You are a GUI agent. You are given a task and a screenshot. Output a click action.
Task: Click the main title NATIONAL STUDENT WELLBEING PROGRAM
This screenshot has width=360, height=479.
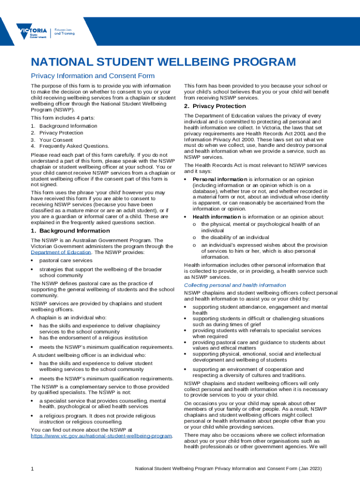click(163, 62)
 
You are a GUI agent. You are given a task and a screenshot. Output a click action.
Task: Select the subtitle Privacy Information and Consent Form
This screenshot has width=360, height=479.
click(93, 76)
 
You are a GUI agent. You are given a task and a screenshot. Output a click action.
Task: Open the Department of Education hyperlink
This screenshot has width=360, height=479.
click(61, 252)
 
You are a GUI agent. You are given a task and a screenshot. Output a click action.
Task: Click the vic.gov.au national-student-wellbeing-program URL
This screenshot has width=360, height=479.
click(101, 435)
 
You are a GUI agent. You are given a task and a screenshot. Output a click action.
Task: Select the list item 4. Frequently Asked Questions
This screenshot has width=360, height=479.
click(70, 146)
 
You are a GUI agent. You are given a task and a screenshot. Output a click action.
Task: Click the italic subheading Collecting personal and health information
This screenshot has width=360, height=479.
click(235, 285)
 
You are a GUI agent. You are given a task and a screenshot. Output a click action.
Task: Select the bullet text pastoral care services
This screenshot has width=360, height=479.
click(66, 260)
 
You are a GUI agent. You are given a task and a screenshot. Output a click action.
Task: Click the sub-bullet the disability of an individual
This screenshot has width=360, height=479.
click(235, 238)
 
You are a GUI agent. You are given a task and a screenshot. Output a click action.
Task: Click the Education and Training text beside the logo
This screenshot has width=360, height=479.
click(64, 32)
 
